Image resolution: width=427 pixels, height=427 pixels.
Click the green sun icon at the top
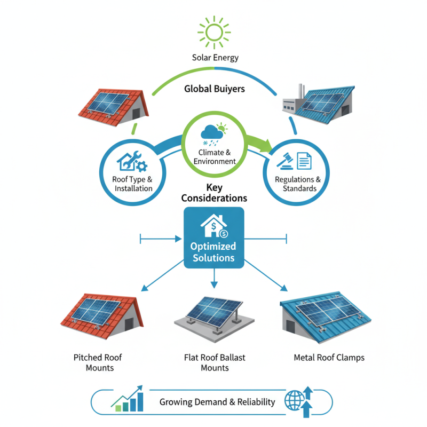(215, 31)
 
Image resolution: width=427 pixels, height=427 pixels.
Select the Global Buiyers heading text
(215, 89)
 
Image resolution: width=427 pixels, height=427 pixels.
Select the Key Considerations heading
(214, 193)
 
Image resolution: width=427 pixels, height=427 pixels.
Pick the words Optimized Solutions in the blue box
(213, 252)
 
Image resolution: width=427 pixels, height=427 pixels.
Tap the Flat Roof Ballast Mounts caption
(215, 362)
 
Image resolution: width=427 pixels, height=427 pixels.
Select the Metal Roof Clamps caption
(329, 358)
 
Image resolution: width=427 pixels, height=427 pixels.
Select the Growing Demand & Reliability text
(217, 402)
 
